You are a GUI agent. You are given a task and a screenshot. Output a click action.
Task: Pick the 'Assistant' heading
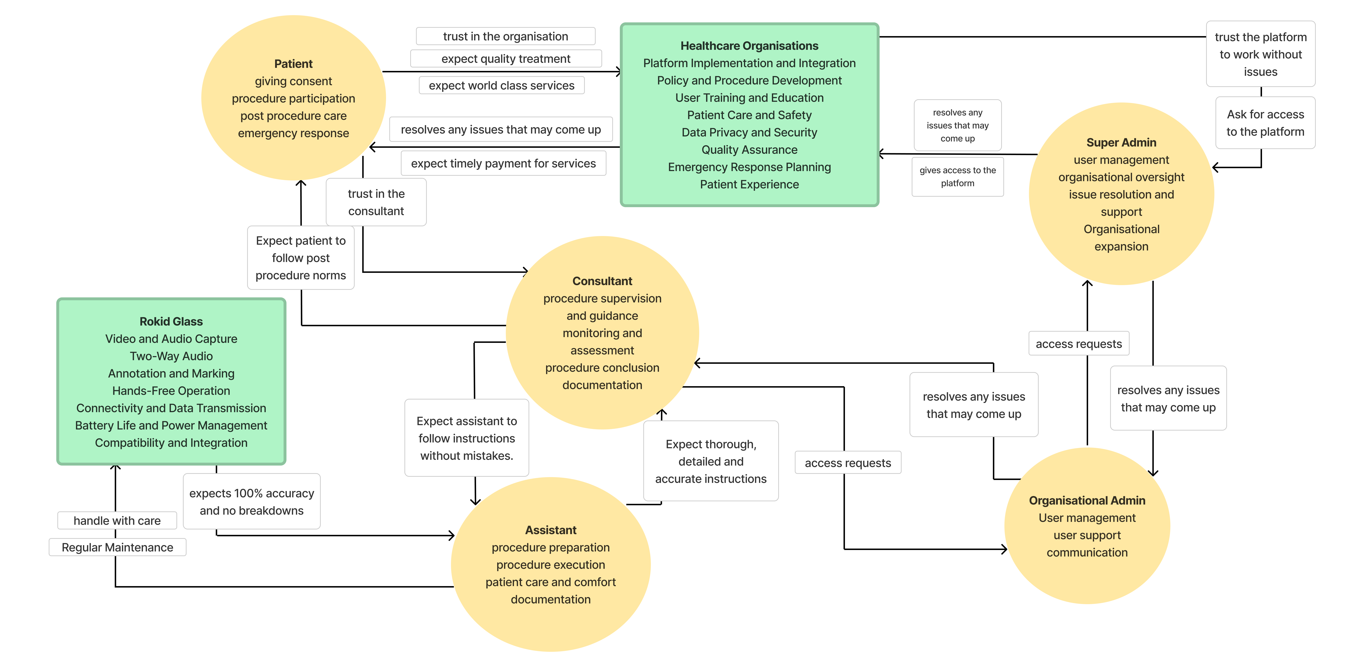pyautogui.click(x=550, y=530)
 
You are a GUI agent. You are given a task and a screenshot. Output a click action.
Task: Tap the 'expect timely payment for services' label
pyautogui.click(x=503, y=163)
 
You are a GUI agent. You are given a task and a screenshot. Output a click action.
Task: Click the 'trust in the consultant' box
pyautogui.click(x=376, y=202)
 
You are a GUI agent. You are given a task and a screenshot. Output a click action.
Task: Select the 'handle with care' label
pyautogui.click(x=117, y=521)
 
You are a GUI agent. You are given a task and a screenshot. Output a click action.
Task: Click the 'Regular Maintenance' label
pyautogui.click(x=117, y=547)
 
